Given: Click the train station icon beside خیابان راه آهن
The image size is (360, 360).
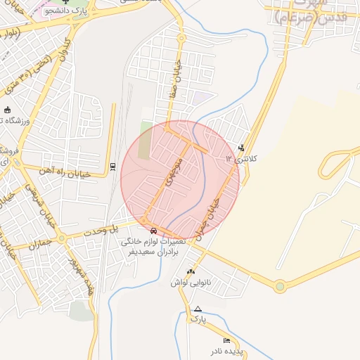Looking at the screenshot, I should tap(112, 166).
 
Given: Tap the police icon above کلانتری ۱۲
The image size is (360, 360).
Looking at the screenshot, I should tap(242, 148).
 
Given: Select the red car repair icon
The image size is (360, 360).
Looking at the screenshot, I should tap(153, 230).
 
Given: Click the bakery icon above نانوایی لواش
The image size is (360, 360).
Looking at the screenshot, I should tap(190, 271).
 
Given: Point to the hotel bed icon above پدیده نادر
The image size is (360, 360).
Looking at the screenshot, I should tap(226, 340).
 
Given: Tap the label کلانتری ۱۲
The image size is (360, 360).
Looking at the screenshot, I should tap(242, 159).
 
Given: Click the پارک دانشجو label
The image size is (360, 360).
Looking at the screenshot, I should tap(67, 11).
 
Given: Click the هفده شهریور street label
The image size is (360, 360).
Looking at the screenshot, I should tap(82, 271).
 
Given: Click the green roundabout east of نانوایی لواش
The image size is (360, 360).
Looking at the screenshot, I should tap(281, 285).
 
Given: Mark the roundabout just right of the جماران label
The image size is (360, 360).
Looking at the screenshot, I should tap(62, 238).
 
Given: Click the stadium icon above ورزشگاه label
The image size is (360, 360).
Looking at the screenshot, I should tap(7, 110).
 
